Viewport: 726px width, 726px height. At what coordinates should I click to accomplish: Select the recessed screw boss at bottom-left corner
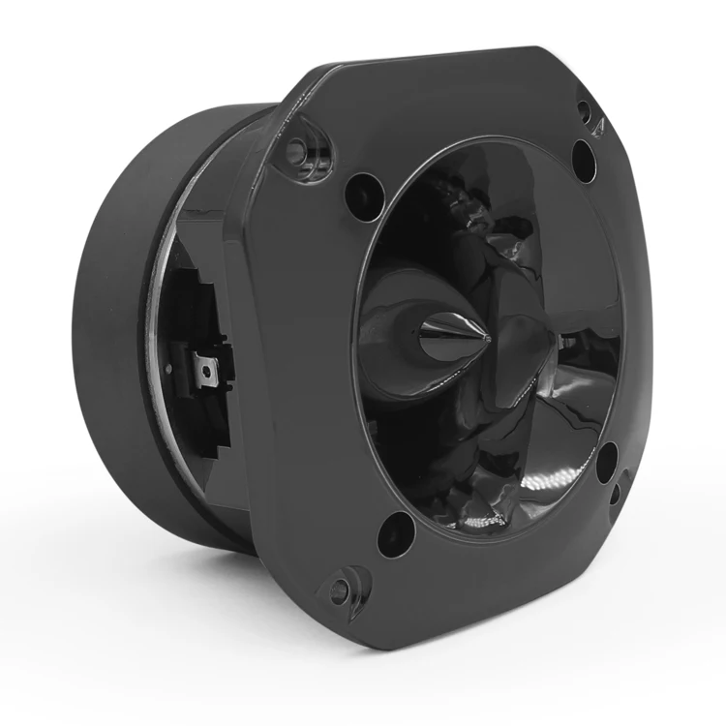coord(340,589)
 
